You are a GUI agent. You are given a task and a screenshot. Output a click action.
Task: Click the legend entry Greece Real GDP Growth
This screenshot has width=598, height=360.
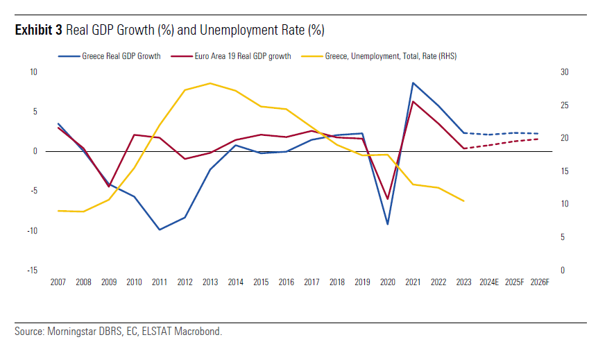click(x=121, y=56)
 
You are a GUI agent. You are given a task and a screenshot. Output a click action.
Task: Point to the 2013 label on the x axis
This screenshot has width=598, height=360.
click(x=210, y=282)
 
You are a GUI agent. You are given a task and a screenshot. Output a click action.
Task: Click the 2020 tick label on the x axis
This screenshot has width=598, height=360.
click(x=387, y=282)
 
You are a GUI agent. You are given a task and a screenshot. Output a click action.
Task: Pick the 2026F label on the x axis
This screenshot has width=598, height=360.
click(x=540, y=282)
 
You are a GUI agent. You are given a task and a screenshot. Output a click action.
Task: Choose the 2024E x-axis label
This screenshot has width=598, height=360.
click(x=489, y=282)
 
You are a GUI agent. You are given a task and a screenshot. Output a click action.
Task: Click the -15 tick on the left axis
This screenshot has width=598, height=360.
click(x=33, y=271)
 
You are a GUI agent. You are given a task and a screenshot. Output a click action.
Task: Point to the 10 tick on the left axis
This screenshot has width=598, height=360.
click(x=33, y=72)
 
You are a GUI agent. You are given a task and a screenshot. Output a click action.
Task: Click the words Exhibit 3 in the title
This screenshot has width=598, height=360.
click(x=39, y=31)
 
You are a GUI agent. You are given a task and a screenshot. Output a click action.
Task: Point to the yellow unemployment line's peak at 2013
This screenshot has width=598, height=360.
click(x=210, y=83)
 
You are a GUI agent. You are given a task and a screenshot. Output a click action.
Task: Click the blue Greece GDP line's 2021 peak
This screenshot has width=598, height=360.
click(x=413, y=83)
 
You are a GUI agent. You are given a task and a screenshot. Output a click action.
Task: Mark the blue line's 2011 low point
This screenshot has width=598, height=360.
click(x=160, y=230)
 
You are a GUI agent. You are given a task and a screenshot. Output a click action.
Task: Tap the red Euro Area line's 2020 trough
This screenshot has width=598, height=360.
click(x=387, y=199)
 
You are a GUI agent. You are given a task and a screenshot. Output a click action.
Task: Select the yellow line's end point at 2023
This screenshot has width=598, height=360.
click(x=463, y=200)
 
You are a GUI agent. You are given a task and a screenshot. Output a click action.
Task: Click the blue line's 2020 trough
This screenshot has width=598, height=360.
click(x=387, y=224)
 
